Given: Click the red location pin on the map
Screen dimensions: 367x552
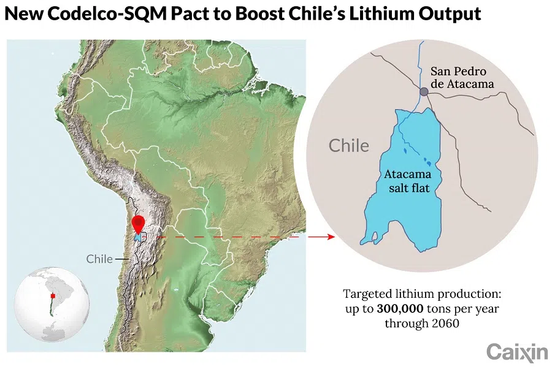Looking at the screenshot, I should coord(139,223).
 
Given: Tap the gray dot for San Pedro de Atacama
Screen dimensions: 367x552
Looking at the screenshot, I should coord(424,92).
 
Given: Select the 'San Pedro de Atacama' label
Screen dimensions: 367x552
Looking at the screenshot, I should coord(462,77).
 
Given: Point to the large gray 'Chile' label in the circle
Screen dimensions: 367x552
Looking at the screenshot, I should coord(349,146).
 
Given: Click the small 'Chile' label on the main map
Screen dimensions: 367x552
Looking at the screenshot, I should coord(99,259).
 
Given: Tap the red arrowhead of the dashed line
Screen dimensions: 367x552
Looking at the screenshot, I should coord(332,236).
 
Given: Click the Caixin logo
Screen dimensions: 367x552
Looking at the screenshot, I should coord(517,352).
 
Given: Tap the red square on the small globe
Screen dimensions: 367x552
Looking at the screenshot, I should coord(53,298).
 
